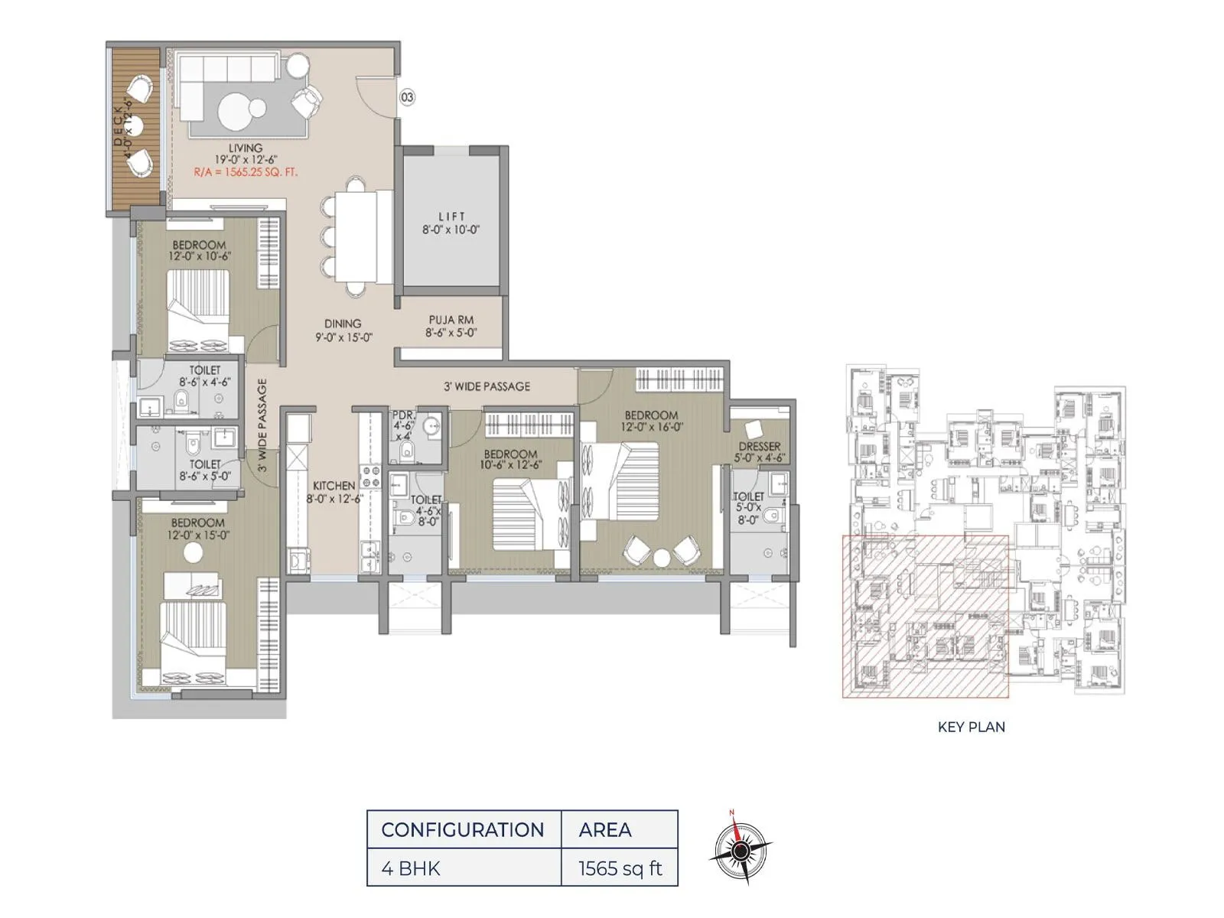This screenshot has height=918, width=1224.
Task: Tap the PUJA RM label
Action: coord(451,327)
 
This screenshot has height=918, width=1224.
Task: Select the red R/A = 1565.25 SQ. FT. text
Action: coord(246,173)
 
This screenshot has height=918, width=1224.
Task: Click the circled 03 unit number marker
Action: coord(407,97)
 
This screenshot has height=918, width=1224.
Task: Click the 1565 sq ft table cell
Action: coord(620,868)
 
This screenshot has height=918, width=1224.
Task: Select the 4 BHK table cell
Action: coord(411,868)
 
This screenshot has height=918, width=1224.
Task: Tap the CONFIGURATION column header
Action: coord(462,830)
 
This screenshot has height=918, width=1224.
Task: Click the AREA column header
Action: coord(605,830)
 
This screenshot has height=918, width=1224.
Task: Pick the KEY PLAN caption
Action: coord(971,728)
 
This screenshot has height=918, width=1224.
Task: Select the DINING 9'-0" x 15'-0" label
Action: coord(343,330)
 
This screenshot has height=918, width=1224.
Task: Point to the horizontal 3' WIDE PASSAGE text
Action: coord(487,386)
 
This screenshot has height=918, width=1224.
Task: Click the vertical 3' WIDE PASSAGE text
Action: coord(262,425)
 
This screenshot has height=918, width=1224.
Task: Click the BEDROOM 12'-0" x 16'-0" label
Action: coord(652,422)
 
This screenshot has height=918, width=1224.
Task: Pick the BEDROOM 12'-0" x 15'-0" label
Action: coord(198,529)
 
